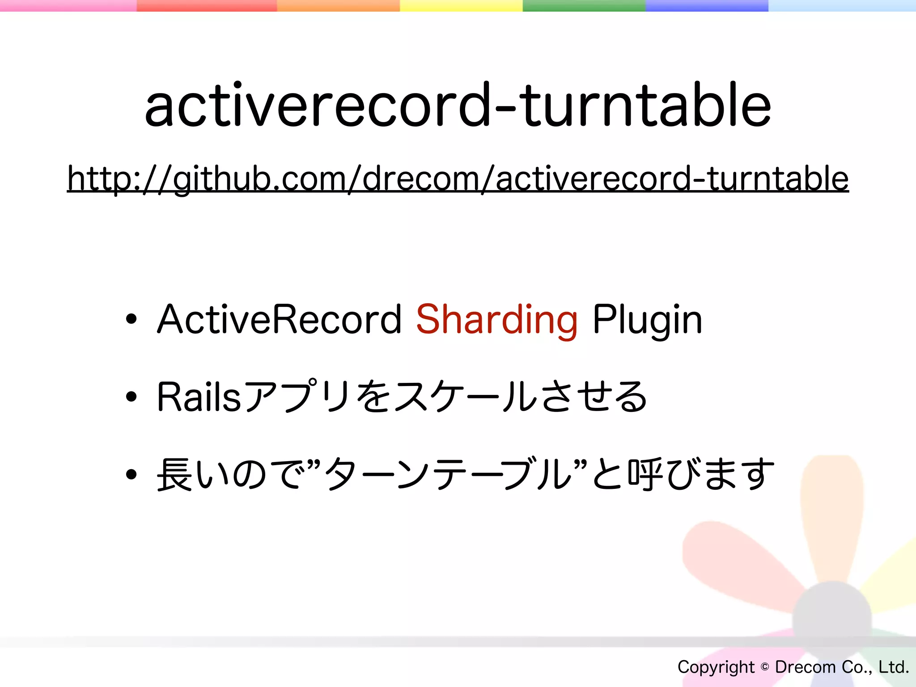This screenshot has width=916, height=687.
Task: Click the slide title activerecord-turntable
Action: click(458, 106)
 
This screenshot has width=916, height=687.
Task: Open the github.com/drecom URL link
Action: click(458, 179)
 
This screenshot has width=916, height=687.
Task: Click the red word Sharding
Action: click(496, 319)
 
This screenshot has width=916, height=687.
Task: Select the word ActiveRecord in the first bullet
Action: click(279, 319)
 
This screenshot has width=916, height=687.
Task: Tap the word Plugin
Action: click(647, 320)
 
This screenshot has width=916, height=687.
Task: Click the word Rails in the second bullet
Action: click(199, 397)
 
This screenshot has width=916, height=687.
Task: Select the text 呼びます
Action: click(700, 474)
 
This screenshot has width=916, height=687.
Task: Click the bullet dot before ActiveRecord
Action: click(131, 319)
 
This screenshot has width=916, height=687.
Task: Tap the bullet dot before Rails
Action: click(131, 397)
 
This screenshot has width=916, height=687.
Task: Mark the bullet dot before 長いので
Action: click(131, 474)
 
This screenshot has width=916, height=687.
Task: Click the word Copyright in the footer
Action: click(716, 667)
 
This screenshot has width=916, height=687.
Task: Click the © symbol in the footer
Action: click(765, 667)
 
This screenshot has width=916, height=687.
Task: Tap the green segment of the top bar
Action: click(584, 5)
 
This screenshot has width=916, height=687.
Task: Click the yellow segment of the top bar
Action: click(461, 5)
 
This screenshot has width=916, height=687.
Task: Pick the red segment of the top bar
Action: click(207, 5)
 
